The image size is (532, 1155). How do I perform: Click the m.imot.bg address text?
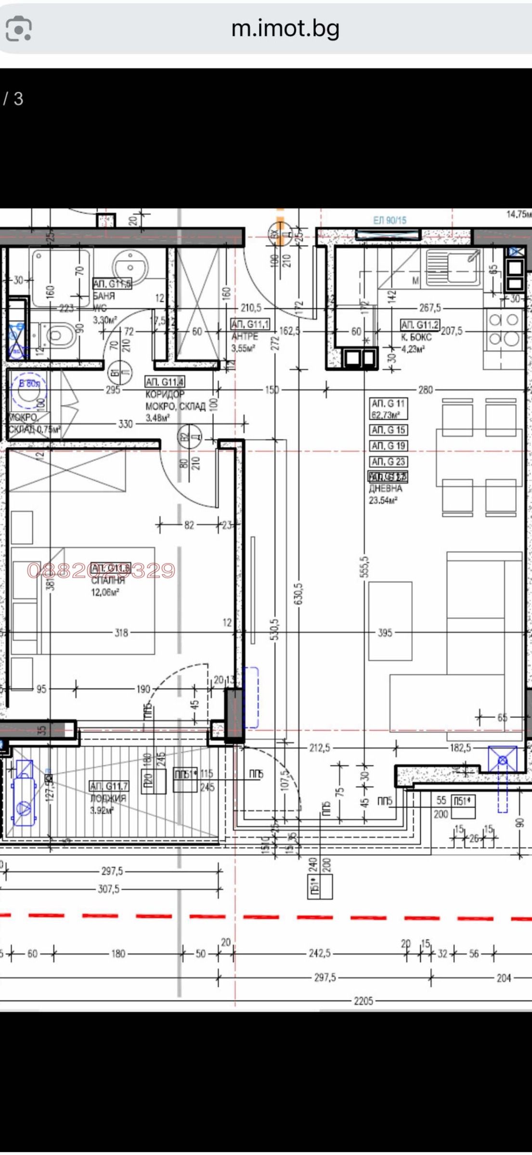point(285,28)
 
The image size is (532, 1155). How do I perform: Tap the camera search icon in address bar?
point(19,29)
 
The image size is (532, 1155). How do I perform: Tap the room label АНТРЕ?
point(245,336)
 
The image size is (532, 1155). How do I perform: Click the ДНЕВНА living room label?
point(385,488)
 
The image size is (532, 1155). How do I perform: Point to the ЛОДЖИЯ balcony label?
point(108,798)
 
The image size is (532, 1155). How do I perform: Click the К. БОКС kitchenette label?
point(416,337)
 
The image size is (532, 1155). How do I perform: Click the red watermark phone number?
point(101,570)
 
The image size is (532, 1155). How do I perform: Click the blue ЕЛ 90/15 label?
point(389,220)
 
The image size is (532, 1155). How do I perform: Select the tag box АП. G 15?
point(388,430)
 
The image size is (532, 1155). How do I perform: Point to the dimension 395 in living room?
point(385,633)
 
